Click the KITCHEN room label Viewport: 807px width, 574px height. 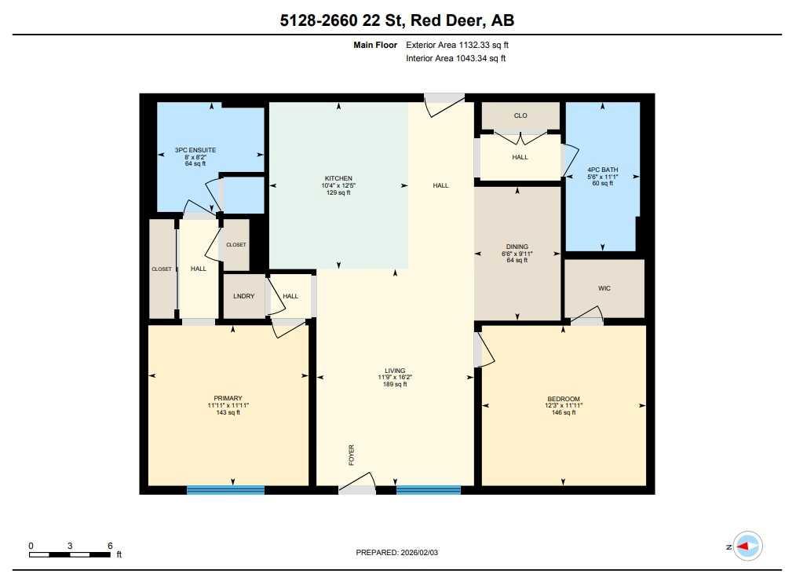click(338, 178)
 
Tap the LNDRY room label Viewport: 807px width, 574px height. click(243, 296)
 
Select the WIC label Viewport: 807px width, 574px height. click(604, 288)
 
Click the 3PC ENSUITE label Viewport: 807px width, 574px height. click(195, 149)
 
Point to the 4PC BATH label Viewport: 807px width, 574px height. click(602, 169)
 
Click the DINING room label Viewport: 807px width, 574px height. click(517, 247)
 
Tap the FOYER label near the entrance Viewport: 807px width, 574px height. click(352, 455)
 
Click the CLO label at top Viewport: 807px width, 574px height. click(520, 115)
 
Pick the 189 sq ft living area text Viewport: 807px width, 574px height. click(395, 384)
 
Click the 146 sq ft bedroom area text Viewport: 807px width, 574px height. click(563, 412)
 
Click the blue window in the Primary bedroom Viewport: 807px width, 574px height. click(225, 489)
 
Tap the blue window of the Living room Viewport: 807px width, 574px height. click(428, 489)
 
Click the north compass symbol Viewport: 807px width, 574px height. click(746, 546)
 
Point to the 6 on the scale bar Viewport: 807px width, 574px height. click(110, 545)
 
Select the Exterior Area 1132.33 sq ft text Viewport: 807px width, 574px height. click(451, 46)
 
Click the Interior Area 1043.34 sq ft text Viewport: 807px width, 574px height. click(455, 58)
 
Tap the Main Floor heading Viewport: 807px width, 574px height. click(375, 46)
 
